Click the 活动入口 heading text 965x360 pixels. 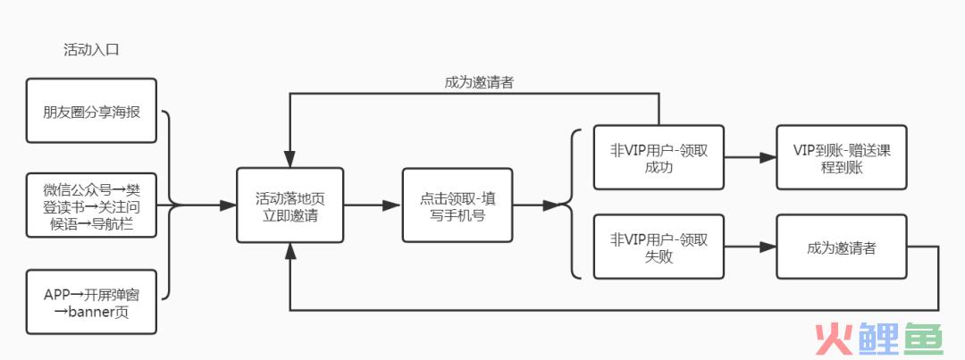(91, 50)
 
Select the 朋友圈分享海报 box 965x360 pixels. (91, 111)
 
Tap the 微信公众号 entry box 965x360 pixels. (91, 205)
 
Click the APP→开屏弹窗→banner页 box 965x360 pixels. (91, 303)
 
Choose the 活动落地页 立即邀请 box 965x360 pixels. (290, 205)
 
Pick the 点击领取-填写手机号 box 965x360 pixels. (457, 205)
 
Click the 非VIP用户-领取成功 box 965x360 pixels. (658, 158)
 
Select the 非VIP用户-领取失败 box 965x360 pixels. (658, 247)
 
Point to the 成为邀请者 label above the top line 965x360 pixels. (479, 81)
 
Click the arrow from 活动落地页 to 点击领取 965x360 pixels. (372, 205)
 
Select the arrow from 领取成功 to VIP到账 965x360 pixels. (749, 158)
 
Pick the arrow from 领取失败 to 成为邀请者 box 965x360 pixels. (749, 247)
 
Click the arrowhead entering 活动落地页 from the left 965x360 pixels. (228, 205)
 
